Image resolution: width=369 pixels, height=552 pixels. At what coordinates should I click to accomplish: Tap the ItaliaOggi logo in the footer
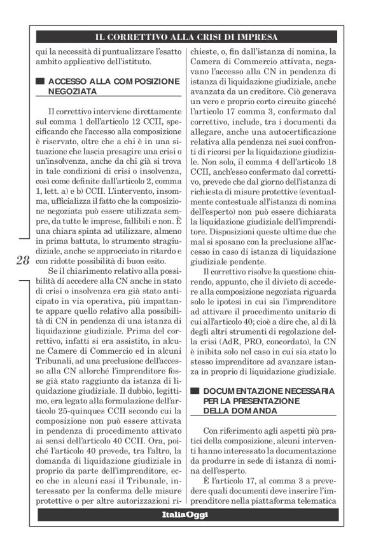184,515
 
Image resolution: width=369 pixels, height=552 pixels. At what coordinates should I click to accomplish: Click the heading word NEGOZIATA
71,92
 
